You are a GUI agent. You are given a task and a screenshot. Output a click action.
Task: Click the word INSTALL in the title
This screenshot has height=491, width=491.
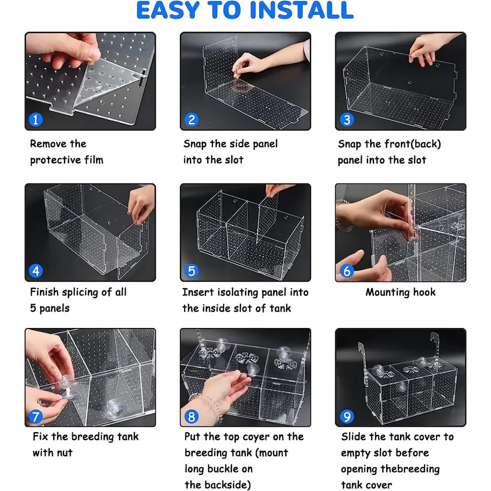pos(302,10)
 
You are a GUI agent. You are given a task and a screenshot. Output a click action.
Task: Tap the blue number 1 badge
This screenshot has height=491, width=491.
pos(35,119)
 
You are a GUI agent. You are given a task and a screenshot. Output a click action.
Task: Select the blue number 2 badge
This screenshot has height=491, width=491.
pos(191,119)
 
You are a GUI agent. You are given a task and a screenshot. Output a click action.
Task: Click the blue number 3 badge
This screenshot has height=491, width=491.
pos(347,119)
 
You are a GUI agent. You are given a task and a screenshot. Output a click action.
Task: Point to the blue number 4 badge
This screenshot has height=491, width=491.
pos(35,271)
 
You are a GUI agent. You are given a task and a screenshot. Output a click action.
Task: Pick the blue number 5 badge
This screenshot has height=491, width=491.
pos(191,271)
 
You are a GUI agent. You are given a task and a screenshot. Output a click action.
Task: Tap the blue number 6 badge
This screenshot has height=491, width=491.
pos(347,271)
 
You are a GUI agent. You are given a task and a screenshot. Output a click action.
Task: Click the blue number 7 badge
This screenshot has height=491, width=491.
pos(35,417)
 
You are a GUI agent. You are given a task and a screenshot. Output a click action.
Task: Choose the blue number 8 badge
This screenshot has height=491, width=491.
pos(191,417)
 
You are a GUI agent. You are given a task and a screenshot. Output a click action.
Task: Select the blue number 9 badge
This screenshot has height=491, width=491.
pos(347,417)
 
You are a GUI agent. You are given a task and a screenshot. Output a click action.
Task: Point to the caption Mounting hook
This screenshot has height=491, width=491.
pos(400,292)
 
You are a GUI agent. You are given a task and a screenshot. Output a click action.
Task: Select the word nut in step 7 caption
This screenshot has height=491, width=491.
pos(64,453)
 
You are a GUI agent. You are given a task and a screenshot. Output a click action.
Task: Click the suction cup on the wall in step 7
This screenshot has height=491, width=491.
pos(115,409)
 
